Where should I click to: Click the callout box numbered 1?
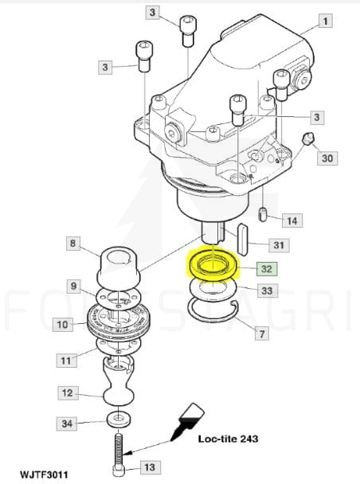(x=326, y=21)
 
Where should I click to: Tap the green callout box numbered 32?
(x=267, y=268)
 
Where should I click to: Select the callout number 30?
(x=327, y=158)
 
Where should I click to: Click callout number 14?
(x=292, y=221)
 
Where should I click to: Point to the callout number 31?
(x=279, y=245)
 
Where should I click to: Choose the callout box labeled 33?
(x=267, y=291)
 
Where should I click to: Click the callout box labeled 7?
(x=262, y=334)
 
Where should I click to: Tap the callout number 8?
(x=72, y=244)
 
